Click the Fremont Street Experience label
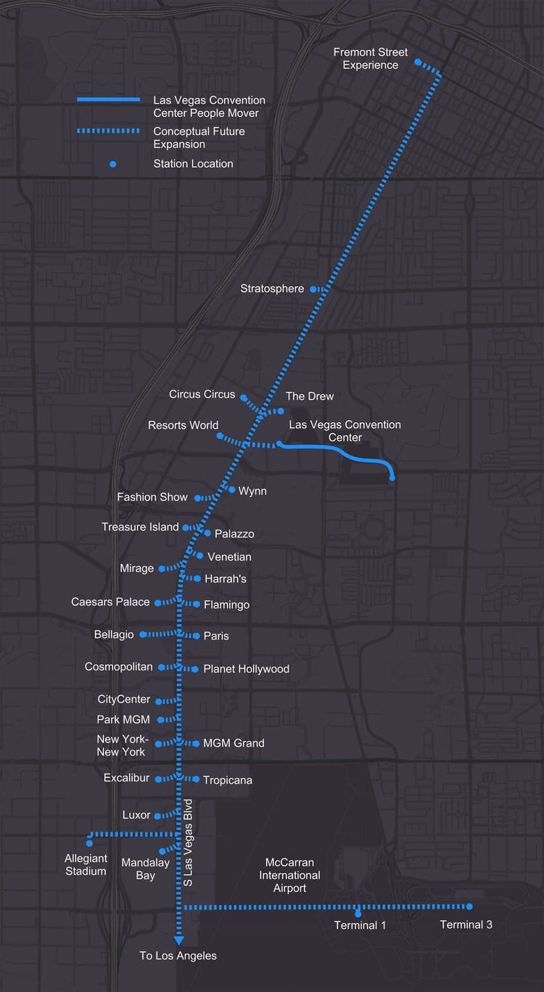tap(370, 59)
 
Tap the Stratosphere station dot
tap(313, 289)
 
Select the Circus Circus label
tap(202, 394)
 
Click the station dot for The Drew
tap(281, 411)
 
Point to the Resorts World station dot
tap(219, 435)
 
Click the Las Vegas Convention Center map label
tap(345, 431)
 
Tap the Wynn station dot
tap(231, 489)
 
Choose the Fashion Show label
tap(152, 497)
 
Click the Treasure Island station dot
tap(186, 528)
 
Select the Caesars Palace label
tap(110, 602)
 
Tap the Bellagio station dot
tap(142, 634)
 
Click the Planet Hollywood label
tap(246, 668)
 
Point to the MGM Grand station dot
tap(197, 743)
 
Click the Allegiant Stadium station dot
tap(89, 843)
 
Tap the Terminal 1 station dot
tap(358, 912)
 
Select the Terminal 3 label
tap(466, 925)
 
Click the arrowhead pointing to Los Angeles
tap(178, 940)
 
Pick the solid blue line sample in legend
tap(108, 99)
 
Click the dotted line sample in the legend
tap(108, 131)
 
